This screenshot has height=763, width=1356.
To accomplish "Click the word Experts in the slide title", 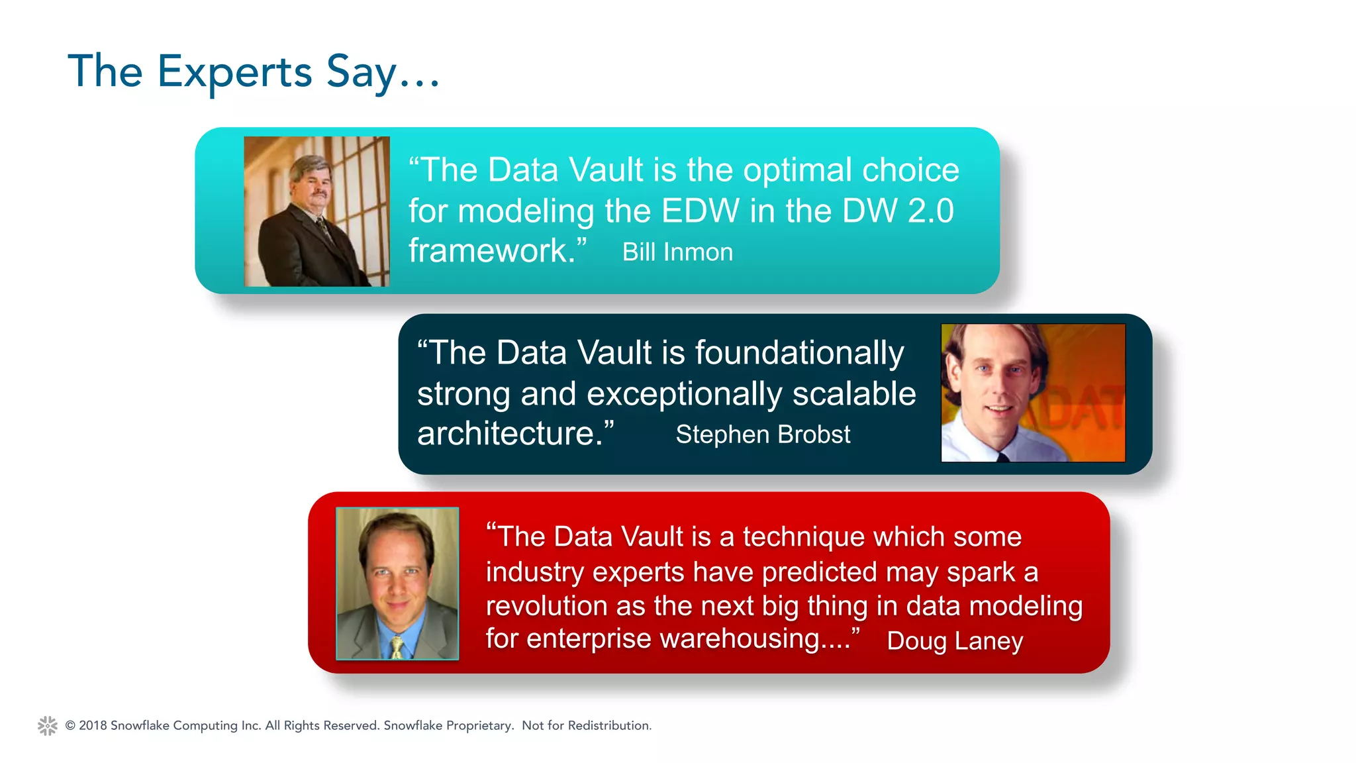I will pos(234,72).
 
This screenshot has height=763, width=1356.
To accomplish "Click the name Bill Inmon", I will pos(677,252).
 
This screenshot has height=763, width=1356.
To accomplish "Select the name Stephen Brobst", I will pos(763,434).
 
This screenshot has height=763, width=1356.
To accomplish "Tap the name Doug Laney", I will pos(955,640).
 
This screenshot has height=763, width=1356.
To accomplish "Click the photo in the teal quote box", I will pos(316,211).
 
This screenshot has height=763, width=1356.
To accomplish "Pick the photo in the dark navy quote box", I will pos(1032,393).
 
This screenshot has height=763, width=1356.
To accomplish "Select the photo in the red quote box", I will pos(397,583).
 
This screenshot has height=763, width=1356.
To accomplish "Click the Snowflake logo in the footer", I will pos(48,725).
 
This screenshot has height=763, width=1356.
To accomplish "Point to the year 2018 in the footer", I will pos(93,725).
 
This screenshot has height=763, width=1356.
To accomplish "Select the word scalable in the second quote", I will pos(853,393).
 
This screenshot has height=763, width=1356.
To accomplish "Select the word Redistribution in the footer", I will pos(608,725).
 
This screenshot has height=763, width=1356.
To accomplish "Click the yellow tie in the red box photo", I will pos(397,646).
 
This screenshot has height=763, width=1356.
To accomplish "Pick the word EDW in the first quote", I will pos(700,211).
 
